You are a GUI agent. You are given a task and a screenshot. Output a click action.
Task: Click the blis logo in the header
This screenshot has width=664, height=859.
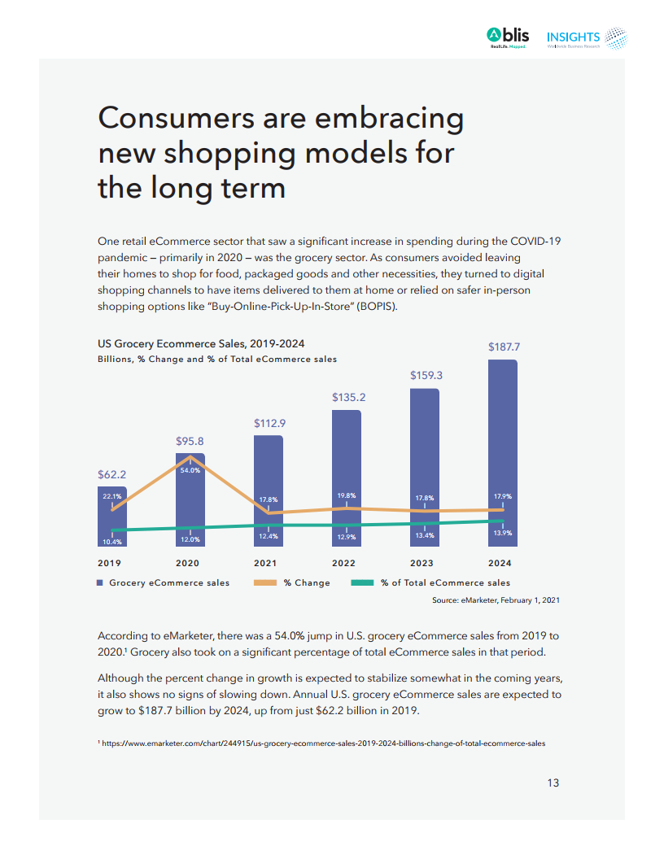pyautogui.click(x=508, y=37)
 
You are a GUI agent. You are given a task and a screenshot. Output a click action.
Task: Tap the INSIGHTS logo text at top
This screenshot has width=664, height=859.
pyautogui.click(x=573, y=37)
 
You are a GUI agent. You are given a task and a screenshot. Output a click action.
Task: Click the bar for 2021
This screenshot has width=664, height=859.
pyautogui.click(x=268, y=488)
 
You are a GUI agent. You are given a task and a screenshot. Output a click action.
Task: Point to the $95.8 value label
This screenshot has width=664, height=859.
pyautogui.click(x=190, y=441)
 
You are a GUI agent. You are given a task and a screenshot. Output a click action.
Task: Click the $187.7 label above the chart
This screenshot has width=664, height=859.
pyautogui.click(x=503, y=347)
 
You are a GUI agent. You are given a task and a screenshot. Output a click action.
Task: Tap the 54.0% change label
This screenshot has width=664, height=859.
pyautogui.click(x=190, y=470)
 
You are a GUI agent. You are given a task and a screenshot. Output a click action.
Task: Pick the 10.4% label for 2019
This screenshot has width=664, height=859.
pyautogui.click(x=111, y=542)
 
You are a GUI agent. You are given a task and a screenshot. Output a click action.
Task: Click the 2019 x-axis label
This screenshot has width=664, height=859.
pyautogui.click(x=110, y=563)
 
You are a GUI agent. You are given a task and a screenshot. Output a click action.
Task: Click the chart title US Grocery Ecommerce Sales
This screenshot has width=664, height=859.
pyautogui.click(x=201, y=344)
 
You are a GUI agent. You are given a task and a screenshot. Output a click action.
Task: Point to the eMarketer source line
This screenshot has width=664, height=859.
pyautogui.click(x=496, y=600)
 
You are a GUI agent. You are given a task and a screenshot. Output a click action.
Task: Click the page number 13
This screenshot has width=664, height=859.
pyautogui.click(x=553, y=783)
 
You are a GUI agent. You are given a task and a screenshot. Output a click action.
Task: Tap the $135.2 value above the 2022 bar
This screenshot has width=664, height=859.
pyautogui.click(x=347, y=398)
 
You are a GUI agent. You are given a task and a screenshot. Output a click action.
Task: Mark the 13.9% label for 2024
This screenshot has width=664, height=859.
pyautogui.click(x=503, y=533)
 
